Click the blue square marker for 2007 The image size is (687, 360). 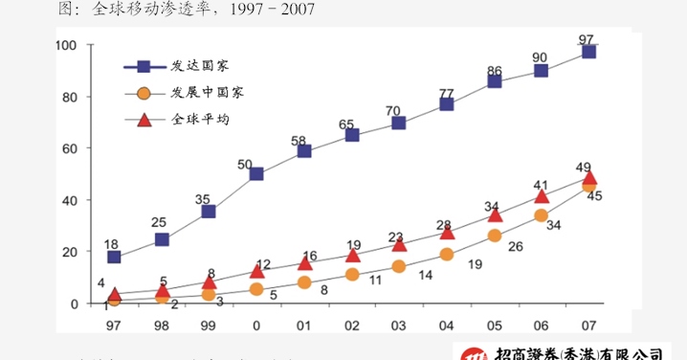coord(588,52)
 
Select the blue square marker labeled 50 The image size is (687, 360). coord(256,173)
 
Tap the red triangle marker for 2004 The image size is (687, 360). coord(447,232)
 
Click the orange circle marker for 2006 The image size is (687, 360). coord(542,215)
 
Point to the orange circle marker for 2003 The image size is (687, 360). coord(399,266)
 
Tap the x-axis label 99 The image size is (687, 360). coord(208,326)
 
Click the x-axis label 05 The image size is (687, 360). coord(494,326)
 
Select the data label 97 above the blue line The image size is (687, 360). coord(587,39)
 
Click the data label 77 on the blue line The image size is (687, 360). coord(446,93)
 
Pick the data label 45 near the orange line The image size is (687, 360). coord(593,196)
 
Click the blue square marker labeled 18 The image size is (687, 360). coord(114,257)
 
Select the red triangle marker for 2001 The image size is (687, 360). coord(304,262)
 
